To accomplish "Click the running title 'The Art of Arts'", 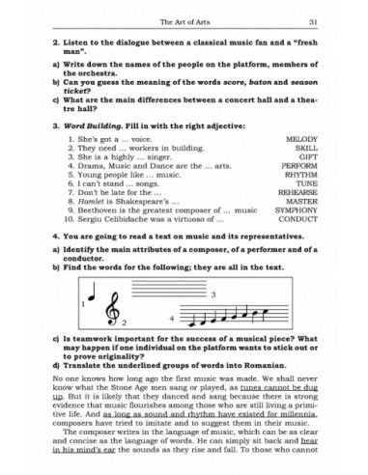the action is click(183, 20).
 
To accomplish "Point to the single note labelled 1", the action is click(114, 311).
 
